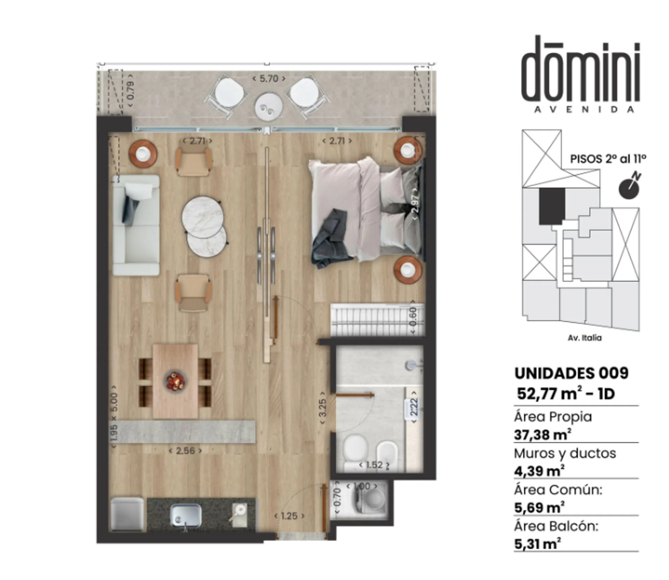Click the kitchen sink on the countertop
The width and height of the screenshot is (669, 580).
tap(186, 516)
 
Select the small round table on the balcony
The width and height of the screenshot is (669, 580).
tap(268, 106)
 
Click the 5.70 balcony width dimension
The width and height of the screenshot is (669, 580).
tap(269, 78)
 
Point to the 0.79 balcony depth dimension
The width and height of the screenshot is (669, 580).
tap(130, 90)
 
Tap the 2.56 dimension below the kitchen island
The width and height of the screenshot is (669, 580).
tap(185, 451)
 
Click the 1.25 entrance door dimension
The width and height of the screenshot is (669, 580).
tap(289, 516)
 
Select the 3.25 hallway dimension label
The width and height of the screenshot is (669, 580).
tap(323, 407)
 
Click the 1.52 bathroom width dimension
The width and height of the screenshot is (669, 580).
tap(374, 465)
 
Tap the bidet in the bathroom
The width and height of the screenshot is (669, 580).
tap(387, 455)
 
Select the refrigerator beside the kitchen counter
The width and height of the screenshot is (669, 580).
tap(127, 514)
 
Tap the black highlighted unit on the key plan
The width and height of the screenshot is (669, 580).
tap(552, 205)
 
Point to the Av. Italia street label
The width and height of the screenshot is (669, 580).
tap(585, 338)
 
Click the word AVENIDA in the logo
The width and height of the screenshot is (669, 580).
tap(584, 109)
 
